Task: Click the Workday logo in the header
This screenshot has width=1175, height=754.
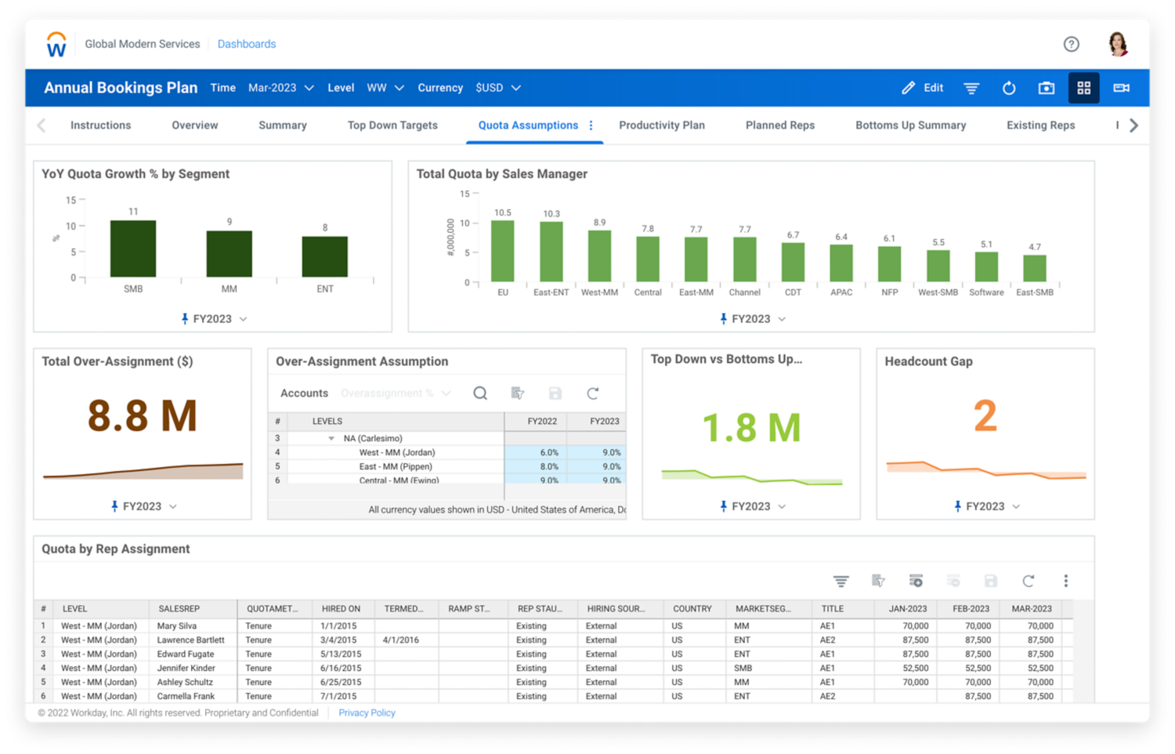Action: point(56,45)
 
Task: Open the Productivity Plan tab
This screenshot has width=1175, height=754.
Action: point(661,125)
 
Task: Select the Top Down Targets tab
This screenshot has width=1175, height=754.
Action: point(392,125)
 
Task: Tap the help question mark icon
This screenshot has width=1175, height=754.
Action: point(1071,45)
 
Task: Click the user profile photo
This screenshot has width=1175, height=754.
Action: point(1118,45)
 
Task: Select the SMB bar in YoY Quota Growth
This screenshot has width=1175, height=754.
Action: point(133,248)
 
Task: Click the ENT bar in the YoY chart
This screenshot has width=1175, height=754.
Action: point(325,256)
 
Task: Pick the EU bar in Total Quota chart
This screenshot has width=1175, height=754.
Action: point(502,251)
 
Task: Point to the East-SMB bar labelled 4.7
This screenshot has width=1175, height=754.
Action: point(1035,268)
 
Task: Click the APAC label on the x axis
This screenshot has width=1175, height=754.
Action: point(841,292)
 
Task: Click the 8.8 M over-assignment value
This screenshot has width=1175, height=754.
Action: point(142,415)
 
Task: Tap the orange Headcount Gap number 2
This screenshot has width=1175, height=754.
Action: point(985,415)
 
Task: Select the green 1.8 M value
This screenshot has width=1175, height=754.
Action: point(751,428)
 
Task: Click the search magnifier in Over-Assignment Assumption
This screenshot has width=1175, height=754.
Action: point(480,393)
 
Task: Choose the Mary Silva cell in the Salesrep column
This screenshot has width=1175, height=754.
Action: point(177,626)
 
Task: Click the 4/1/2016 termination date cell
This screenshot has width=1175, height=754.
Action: point(401,640)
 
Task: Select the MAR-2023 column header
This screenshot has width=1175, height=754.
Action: point(1031,609)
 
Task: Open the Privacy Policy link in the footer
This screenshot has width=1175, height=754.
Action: point(367,713)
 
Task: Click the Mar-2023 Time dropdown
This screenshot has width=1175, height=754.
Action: point(280,88)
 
